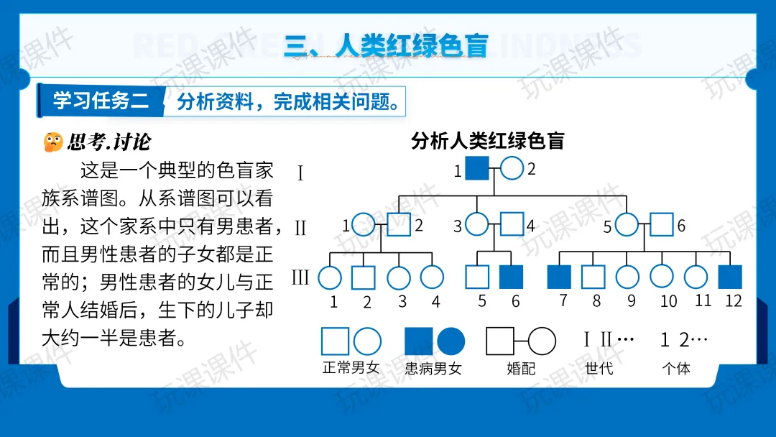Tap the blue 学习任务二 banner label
tap(101, 101)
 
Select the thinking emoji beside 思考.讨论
tap(52, 142)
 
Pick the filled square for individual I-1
tap(477, 168)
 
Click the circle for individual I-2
tap(512, 168)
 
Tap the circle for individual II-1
tap(364, 224)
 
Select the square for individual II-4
tap(512, 224)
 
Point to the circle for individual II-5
tap(627, 224)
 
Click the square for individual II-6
tap(662, 224)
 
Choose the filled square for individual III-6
tap(511, 277)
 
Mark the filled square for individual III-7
tap(559, 277)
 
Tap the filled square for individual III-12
tap(730, 277)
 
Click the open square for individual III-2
tap(364, 277)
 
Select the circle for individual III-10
tap(662, 277)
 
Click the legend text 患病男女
tap(433, 369)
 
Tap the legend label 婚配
tap(520, 369)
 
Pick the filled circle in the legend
tap(451, 341)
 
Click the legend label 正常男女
tap(351, 369)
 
